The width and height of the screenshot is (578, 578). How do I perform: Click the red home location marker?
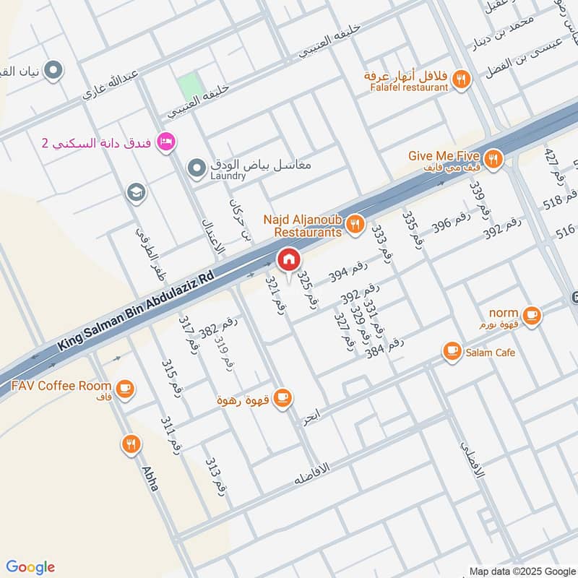(x=288, y=259)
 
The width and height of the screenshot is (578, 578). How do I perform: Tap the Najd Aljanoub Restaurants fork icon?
(x=354, y=225)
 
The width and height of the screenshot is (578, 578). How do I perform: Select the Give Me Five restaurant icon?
(x=493, y=159)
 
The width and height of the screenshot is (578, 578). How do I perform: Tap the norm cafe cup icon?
(x=531, y=315)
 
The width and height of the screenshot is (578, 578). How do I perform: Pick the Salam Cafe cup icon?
(x=453, y=352)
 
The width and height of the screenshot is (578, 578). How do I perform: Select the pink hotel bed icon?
(x=165, y=141)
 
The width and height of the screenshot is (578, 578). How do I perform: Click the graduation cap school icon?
(x=134, y=192)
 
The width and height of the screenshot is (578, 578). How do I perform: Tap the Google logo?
(x=30, y=567)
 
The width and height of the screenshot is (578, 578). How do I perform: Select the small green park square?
(x=189, y=87)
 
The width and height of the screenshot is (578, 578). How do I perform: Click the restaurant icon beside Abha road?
(x=131, y=444)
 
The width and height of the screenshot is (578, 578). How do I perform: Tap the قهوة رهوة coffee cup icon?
(x=282, y=397)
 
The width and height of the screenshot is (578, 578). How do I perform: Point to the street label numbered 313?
(x=216, y=475)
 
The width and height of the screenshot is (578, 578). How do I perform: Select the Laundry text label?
(x=228, y=176)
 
